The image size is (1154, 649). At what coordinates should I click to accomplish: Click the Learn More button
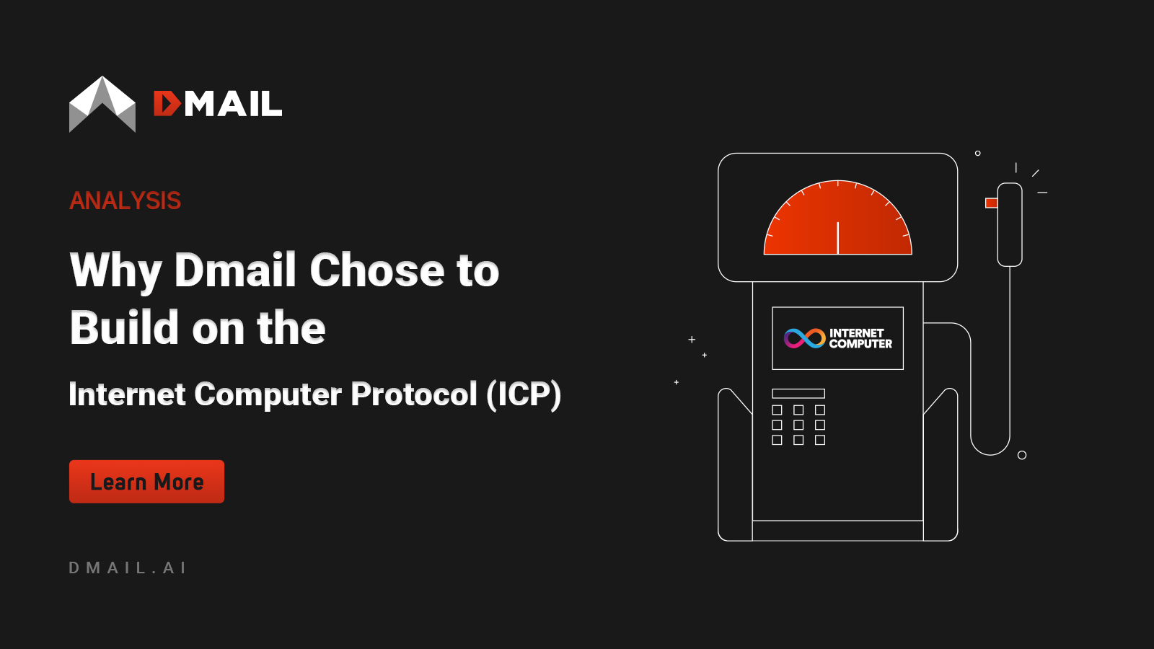pos(146,482)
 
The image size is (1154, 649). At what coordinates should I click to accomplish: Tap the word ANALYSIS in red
pos(125,200)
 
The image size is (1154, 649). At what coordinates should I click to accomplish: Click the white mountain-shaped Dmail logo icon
pos(102,105)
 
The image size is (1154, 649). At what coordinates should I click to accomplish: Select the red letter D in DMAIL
pos(167,104)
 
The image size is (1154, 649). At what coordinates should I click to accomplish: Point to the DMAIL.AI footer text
pos(128,568)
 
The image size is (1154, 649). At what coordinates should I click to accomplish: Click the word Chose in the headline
pos(377,270)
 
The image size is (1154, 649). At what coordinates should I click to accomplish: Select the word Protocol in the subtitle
pos(414,394)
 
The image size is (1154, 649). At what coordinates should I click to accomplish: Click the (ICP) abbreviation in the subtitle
pos(524,394)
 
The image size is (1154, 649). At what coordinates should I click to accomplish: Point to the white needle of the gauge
pos(837,238)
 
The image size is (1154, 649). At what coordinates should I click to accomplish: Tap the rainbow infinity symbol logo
pos(804,338)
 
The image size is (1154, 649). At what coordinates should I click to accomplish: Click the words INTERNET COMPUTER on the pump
pos(860,338)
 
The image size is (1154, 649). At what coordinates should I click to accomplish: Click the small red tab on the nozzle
pos(991,203)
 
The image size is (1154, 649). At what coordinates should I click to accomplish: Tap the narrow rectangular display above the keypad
pos(798,394)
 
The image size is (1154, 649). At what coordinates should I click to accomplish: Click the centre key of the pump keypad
pos(798,425)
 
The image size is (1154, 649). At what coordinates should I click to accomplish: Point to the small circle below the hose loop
pos(1022,455)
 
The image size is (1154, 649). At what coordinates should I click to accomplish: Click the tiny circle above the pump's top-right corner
pos(978,153)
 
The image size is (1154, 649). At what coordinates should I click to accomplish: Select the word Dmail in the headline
pos(235,270)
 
